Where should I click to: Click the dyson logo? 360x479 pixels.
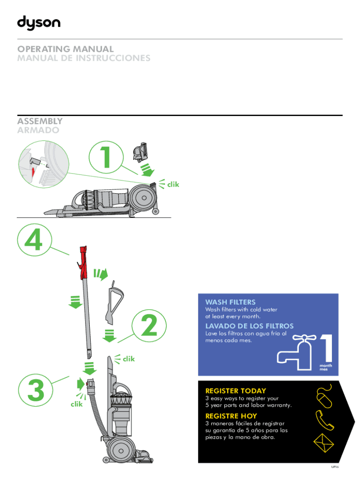39,23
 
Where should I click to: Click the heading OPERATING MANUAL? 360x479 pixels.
65,49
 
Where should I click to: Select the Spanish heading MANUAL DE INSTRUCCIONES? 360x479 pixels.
84,58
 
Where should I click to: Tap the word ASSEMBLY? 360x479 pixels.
40,121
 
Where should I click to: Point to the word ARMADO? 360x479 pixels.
38,130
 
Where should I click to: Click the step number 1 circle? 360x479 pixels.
106,157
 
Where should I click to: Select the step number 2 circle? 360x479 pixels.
149,326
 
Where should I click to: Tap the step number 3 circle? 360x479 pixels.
36,390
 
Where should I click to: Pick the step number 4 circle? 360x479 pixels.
34,240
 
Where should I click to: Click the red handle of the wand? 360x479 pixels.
83,262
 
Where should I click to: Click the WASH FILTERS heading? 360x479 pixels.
230,302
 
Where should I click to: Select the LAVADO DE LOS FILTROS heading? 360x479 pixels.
250,326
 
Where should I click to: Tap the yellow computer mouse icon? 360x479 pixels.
324,396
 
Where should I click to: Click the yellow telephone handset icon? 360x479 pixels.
324,421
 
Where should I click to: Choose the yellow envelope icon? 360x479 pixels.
324,443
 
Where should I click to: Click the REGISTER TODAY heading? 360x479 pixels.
236,391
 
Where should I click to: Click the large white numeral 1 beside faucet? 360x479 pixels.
326,348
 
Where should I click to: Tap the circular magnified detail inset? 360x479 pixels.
43,164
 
